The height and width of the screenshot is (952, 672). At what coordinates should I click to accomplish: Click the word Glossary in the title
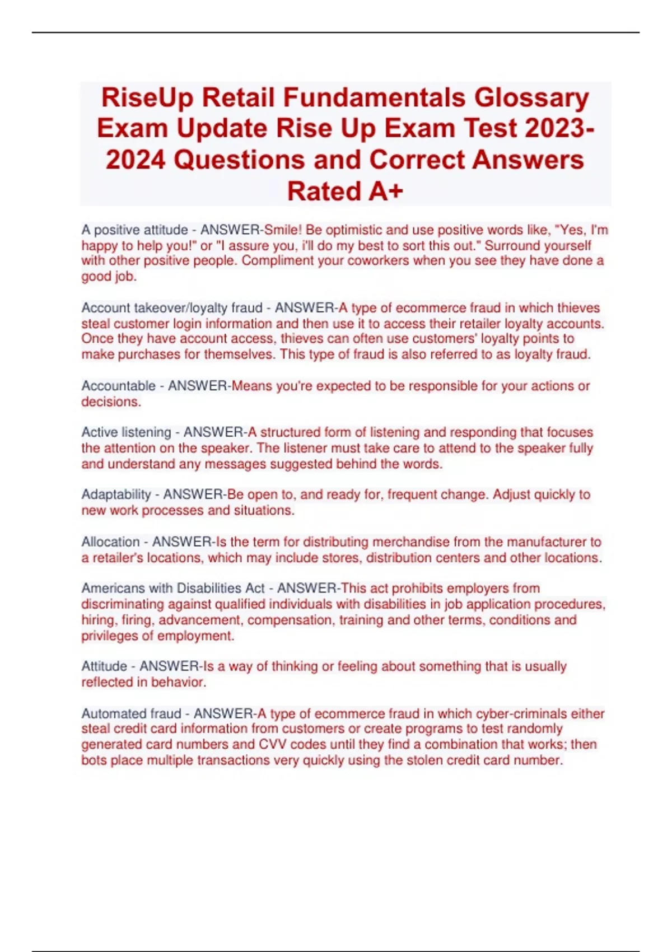coord(531,99)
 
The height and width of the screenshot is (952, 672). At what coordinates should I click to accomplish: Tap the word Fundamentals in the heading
coord(374,97)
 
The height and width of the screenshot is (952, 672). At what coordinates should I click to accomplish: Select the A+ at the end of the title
coord(386,192)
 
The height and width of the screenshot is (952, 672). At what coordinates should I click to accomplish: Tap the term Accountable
coord(118,386)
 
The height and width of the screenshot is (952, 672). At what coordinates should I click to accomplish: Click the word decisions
coord(110,402)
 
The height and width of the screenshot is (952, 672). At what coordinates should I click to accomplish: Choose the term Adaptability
coord(116,494)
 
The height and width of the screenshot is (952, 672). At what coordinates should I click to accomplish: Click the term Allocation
coord(110,542)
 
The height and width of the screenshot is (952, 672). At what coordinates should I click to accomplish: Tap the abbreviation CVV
coord(273,745)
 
